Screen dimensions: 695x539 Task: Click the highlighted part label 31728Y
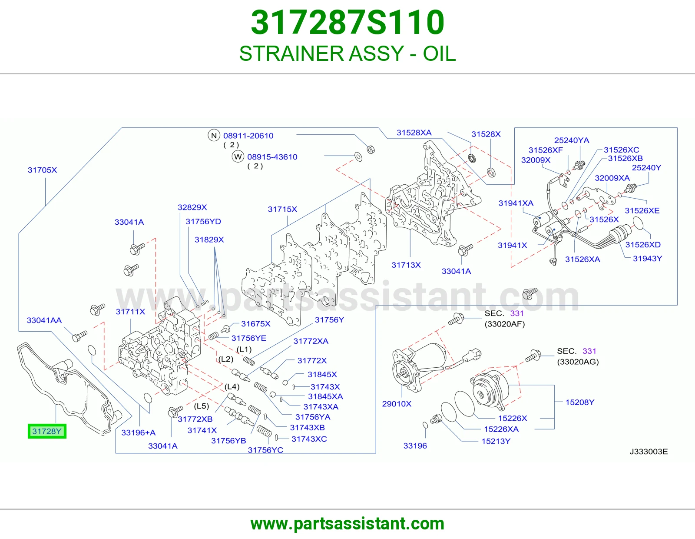[47, 431]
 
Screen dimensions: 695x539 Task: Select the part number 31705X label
[42, 170]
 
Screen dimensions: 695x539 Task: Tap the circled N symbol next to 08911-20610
[214, 135]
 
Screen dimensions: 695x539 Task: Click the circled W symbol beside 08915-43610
[238, 156]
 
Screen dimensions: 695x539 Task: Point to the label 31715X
[282, 209]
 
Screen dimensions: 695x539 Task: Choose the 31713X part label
[406, 265]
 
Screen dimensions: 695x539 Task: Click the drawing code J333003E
[649, 451]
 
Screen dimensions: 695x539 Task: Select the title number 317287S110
[347, 22]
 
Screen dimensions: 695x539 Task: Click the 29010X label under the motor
[397, 404]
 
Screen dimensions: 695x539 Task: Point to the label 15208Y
[579, 402]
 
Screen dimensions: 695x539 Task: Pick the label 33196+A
[139, 433]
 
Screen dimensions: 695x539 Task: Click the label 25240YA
[572, 140]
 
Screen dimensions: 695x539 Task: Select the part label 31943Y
[647, 258]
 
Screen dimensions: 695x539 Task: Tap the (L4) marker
[232, 386]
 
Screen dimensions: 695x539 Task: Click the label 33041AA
[44, 320]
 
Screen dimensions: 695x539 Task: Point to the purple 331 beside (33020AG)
[589, 351]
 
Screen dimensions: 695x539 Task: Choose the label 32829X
[192, 207]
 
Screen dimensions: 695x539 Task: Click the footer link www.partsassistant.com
[347, 524]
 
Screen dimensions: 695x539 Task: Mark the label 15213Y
[496, 441]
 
